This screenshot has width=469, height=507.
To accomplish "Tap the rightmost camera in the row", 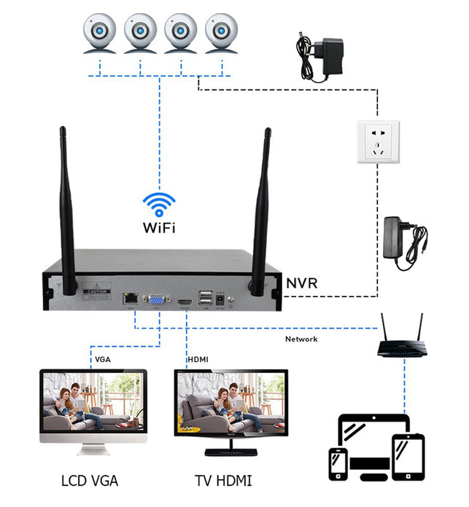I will pos(222,34).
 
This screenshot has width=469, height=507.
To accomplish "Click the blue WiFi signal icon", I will pos(158,202).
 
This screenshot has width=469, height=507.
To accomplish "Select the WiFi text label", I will pos(158,227).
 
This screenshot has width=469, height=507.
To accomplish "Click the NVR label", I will pos(301,283).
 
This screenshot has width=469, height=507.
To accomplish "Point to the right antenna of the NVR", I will pos(261,211).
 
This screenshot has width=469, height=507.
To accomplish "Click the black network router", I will pos(400,346).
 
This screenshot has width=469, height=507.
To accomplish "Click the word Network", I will pos(301,339).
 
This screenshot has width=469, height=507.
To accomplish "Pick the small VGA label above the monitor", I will pos(103,360).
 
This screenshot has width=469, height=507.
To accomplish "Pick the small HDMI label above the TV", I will pos(198,360).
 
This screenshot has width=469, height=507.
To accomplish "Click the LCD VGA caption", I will pos(90,480).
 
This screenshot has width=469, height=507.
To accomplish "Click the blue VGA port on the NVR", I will pos(156,299).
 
